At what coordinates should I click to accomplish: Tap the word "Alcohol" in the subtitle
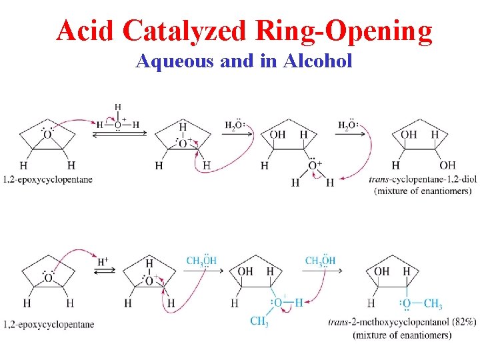(317, 61)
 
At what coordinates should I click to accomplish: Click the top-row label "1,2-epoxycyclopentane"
(48, 179)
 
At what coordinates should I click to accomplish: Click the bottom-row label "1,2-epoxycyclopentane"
(49, 325)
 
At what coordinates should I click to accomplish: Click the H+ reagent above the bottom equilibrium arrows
(103, 262)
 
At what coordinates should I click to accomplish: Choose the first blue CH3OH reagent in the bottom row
(201, 261)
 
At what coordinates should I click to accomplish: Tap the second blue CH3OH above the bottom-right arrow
(321, 261)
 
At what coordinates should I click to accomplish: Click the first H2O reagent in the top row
(235, 125)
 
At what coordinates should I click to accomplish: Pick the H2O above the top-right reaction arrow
(347, 125)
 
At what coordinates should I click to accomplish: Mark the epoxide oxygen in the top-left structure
(47, 135)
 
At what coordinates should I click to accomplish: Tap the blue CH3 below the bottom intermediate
(260, 323)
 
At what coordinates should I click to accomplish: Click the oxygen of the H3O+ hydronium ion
(118, 124)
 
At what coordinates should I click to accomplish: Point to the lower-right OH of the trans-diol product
(447, 165)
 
